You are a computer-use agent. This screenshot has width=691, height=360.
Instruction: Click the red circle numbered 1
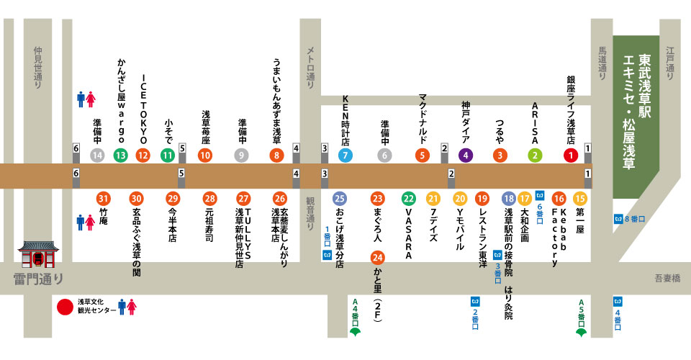(572, 155)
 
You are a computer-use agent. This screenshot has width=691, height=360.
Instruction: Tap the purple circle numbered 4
(466, 155)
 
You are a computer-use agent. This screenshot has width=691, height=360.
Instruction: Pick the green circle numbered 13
(120, 155)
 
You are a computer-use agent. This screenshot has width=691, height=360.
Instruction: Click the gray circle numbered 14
(97, 155)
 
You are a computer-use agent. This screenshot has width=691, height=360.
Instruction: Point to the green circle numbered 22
(408, 199)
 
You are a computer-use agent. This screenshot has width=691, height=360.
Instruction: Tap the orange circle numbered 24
(377, 257)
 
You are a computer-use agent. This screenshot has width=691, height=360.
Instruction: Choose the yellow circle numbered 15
(580, 199)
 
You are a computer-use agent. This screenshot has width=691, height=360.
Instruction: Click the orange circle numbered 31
(104, 199)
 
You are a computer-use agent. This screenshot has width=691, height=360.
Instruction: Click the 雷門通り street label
(38, 279)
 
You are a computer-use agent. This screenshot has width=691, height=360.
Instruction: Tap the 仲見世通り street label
(38, 68)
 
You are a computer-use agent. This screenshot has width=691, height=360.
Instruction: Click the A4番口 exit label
(354, 311)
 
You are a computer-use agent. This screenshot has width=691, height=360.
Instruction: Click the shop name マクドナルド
(423, 118)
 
